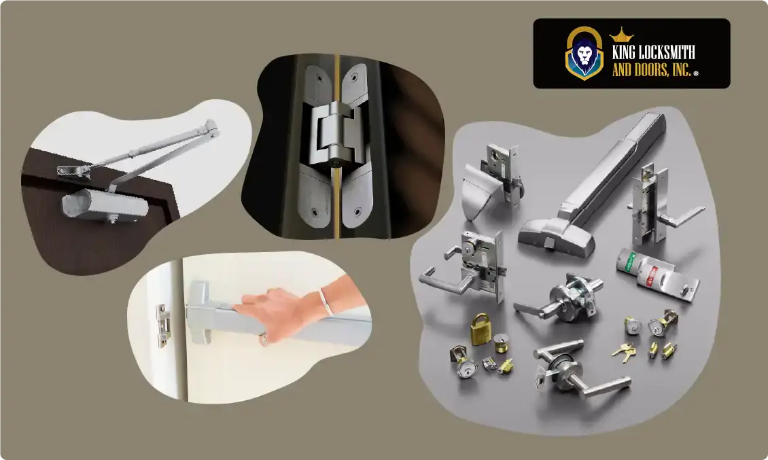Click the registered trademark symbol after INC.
click(x=696, y=72)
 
